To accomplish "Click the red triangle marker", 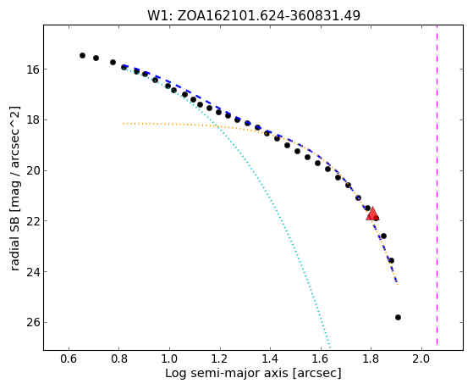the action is (x=372, y=214).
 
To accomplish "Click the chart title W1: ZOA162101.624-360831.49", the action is (x=254, y=15).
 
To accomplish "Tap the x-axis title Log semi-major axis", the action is (x=253, y=373).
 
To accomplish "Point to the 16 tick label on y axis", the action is (x=31, y=69).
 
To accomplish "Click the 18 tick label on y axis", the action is (x=31, y=120).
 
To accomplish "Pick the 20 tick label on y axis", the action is (x=31, y=171).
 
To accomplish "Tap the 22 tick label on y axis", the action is (x=31, y=221).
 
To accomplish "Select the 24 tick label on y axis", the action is (x=31, y=272).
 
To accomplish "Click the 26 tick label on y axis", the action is (x=31, y=323).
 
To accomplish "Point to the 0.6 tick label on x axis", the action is (x=69, y=359).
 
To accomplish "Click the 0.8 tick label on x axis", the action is (x=119, y=359).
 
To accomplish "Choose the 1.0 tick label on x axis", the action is (x=169, y=359).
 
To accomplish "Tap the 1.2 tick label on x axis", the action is (x=220, y=359).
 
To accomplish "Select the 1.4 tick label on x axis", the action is (x=270, y=359).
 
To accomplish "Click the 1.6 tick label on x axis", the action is (x=321, y=359).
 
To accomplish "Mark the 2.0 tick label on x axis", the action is (x=421, y=359).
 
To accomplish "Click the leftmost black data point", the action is (x=82, y=55).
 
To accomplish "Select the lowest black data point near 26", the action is (x=398, y=317).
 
